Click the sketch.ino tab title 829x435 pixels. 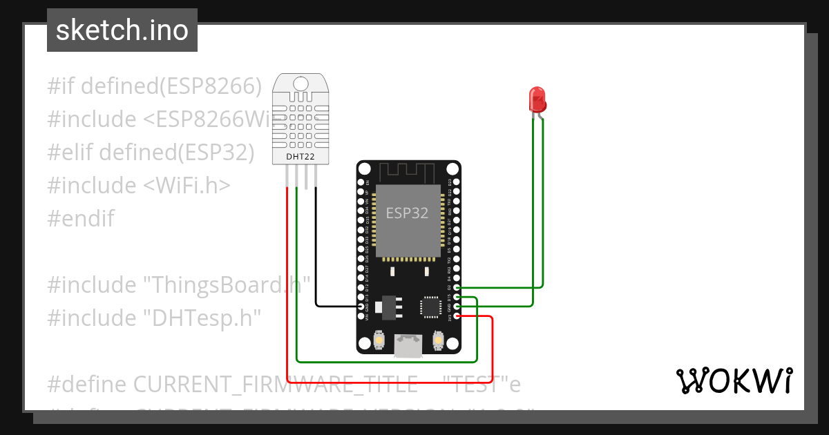[122, 30]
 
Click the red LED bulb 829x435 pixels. [537, 99]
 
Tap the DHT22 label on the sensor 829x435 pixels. [301, 157]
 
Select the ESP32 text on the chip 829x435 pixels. [407, 213]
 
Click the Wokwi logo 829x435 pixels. [733, 380]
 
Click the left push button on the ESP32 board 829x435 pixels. [379, 340]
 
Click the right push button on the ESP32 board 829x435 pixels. [437, 340]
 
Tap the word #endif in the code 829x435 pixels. [81, 219]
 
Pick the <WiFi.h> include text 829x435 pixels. [187, 186]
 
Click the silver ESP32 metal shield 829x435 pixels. [407, 220]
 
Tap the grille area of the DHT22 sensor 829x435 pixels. [301, 123]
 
